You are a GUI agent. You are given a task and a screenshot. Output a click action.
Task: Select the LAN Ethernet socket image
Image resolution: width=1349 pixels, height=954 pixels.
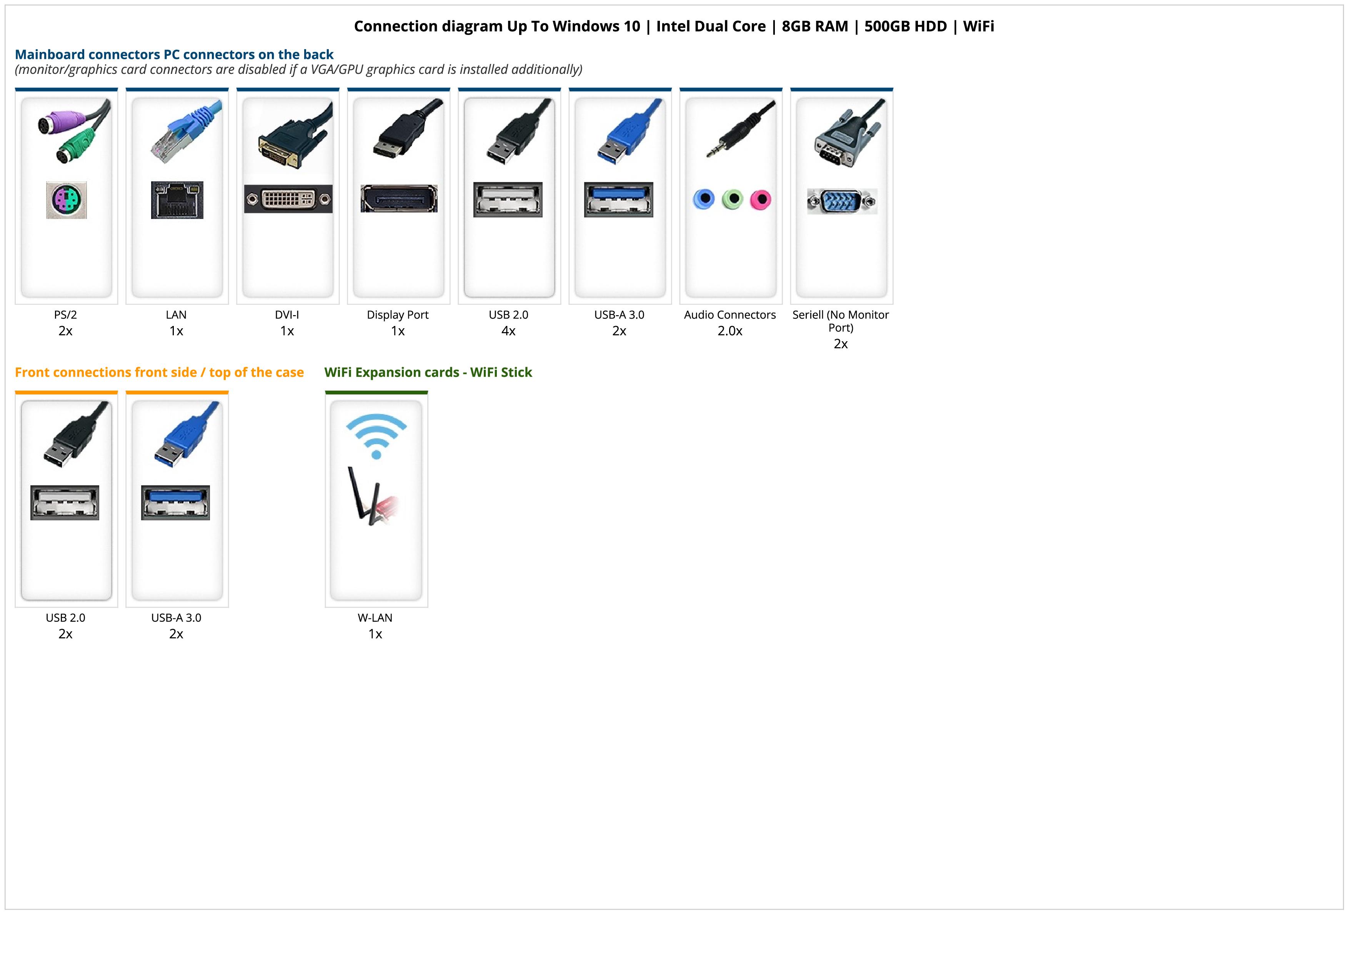click(177, 200)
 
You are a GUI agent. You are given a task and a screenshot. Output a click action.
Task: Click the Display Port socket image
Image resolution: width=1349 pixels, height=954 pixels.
click(399, 199)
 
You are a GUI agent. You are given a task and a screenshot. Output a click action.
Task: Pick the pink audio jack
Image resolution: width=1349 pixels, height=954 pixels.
click(760, 200)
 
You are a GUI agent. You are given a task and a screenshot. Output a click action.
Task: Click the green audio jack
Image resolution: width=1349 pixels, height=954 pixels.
click(732, 199)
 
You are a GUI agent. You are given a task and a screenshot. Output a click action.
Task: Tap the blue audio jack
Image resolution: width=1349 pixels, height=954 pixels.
click(704, 199)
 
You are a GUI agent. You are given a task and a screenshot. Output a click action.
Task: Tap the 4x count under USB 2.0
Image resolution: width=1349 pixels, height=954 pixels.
click(508, 331)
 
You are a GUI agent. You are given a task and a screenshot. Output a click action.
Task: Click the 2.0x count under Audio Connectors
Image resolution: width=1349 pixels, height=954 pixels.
click(730, 331)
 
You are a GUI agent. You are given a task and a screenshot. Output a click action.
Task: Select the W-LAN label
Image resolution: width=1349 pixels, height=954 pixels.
click(375, 618)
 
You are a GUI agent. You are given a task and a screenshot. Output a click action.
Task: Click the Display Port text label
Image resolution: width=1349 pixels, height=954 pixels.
click(398, 314)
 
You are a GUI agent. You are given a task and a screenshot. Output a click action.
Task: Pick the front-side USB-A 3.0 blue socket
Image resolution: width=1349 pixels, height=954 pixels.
click(176, 503)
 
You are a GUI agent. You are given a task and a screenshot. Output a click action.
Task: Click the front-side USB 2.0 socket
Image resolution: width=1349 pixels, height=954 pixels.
click(65, 503)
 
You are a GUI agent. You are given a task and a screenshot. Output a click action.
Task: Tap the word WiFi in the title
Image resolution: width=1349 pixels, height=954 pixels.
click(978, 27)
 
